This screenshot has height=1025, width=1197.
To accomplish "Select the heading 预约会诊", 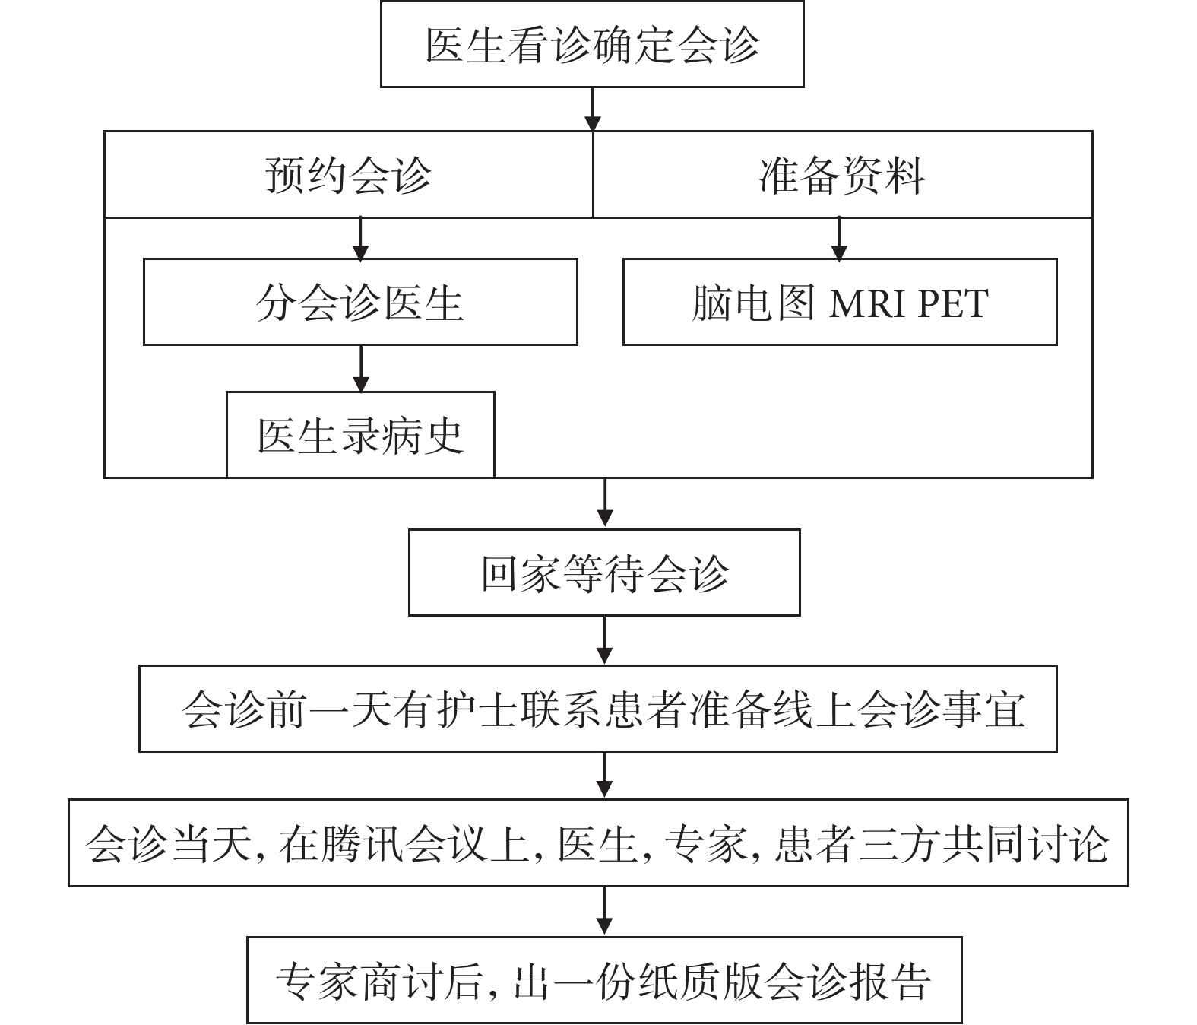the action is [x=348, y=175].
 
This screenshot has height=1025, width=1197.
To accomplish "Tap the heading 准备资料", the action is [x=841, y=175].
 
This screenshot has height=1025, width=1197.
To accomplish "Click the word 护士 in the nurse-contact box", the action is [x=476, y=709].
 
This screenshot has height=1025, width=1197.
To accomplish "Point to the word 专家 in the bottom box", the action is [x=318, y=982].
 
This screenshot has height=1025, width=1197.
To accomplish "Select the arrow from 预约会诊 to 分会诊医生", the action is [x=360, y=238].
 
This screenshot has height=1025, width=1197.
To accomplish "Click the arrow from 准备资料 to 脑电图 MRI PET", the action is [x=839, y=238].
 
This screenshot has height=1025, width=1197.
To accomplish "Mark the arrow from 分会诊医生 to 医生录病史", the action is [x=361, y=369].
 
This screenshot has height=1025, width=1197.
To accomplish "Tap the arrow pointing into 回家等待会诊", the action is [x=605, y=502].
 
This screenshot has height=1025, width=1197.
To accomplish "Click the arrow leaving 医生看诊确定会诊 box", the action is [x=592, y=109].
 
